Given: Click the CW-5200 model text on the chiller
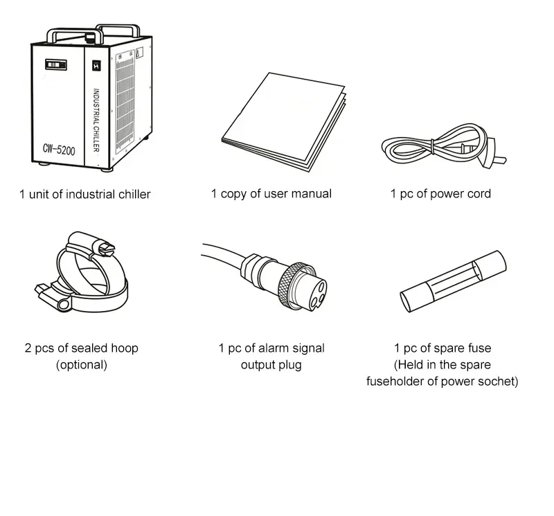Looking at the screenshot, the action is [x=59, y=150].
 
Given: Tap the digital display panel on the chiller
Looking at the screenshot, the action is [x=56, y=64].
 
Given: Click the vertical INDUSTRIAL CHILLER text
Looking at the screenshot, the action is [x=96, y=120].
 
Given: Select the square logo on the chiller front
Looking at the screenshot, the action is [x=96, y=66].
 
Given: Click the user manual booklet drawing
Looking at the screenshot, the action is [x=284, y=122].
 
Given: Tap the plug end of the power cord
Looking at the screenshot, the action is [x=493, y=154].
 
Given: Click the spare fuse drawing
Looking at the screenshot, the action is [x=454, y=281].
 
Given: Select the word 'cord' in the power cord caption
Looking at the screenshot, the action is [x=479, y=194].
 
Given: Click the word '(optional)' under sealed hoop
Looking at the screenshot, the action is [x=82, y=365].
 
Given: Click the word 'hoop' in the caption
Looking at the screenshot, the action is [x=125, y=348].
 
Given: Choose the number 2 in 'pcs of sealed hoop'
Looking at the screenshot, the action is [x=28, y=348].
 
